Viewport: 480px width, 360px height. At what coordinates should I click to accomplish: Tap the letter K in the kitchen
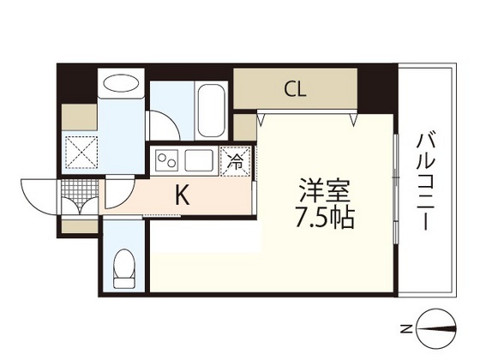pos(183,195)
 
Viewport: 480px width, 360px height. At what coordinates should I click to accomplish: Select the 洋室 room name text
pos(325,189)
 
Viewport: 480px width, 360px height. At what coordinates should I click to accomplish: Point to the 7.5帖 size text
pos(325,219)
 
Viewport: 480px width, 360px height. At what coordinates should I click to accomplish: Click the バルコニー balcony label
pos(426,181)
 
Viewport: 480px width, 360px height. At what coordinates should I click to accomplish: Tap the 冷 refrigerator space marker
pos(236,161)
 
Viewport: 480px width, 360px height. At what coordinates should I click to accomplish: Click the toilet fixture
pos(124,268)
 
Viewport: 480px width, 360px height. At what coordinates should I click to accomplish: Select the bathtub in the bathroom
pos(211,111)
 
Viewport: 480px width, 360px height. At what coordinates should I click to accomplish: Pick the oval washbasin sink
pos(121,83)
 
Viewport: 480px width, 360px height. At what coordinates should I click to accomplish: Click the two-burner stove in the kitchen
pos(167,160)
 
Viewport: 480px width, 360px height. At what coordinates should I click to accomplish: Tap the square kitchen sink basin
pos(199,160)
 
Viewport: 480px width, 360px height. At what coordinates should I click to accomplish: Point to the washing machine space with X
pos(81,152)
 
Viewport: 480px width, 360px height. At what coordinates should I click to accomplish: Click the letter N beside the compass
pos(407,329)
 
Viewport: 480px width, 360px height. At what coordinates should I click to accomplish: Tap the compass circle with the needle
pos(436,329)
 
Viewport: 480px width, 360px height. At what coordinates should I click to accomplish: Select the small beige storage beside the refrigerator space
pos(245,128)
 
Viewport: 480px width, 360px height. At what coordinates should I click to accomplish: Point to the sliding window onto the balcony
pos(396,189)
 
